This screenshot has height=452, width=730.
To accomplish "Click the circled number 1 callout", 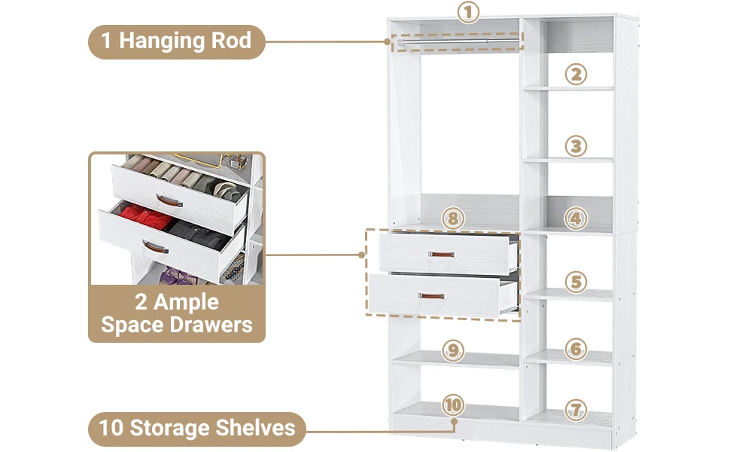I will [x=468, y=13].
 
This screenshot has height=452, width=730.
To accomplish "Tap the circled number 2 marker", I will [x=576, y=74].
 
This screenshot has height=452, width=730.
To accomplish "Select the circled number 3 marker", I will [x=576, y=145].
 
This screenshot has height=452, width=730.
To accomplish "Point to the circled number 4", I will [x=576, y=218].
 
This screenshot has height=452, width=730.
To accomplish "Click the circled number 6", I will [x=576, y=349].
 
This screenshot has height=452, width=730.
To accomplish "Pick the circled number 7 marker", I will [x=576, y=411].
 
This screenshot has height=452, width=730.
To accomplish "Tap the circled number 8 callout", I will [x=452, y=219].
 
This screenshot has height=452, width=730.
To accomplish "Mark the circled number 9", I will [x=452, y=350].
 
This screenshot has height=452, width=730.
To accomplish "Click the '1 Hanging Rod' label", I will [x=176, y=41].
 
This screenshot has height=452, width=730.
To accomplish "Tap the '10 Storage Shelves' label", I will [x=197, y=428].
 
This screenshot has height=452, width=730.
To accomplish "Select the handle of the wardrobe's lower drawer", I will [x=432, y=295].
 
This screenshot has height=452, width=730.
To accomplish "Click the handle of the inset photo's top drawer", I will [x=169, y=200].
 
